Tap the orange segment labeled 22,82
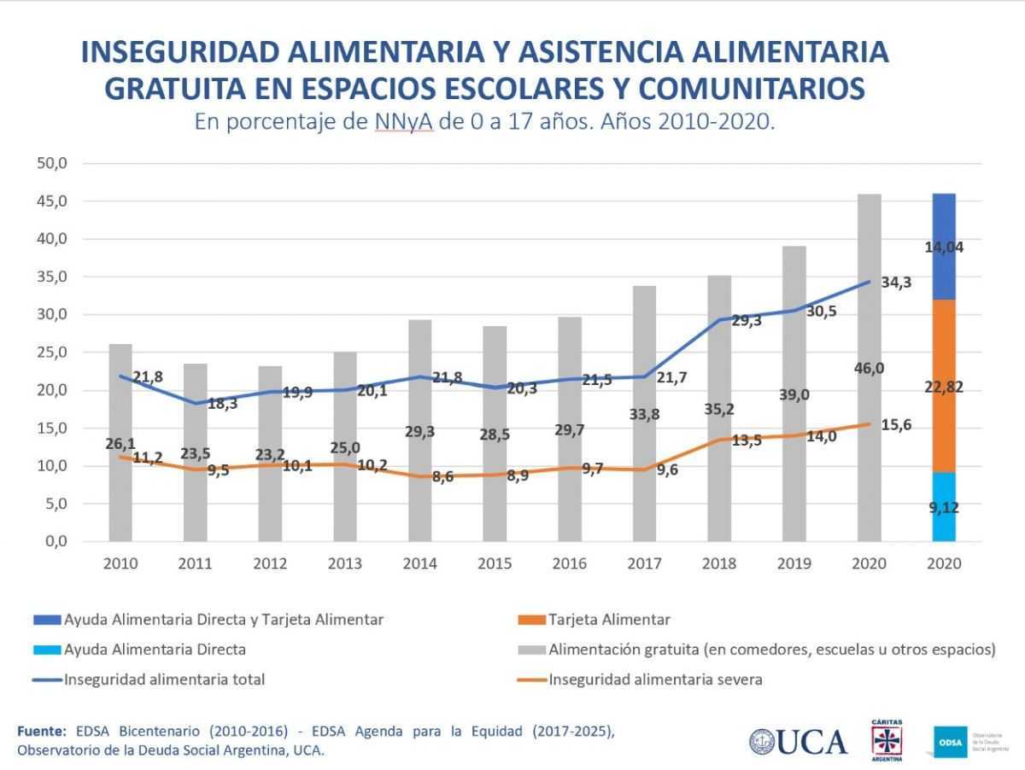pos(944,386)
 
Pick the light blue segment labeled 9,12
pos(944,507)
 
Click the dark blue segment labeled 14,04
pos(944,247)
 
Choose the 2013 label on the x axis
pos(345,564)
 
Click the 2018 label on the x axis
pos(719,564)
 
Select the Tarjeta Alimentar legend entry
pos(609,620)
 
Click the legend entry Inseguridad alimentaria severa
pos(655,680)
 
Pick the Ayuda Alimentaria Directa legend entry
pos(154,649)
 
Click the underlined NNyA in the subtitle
pos(404,122)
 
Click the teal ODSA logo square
pos(950,741)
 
